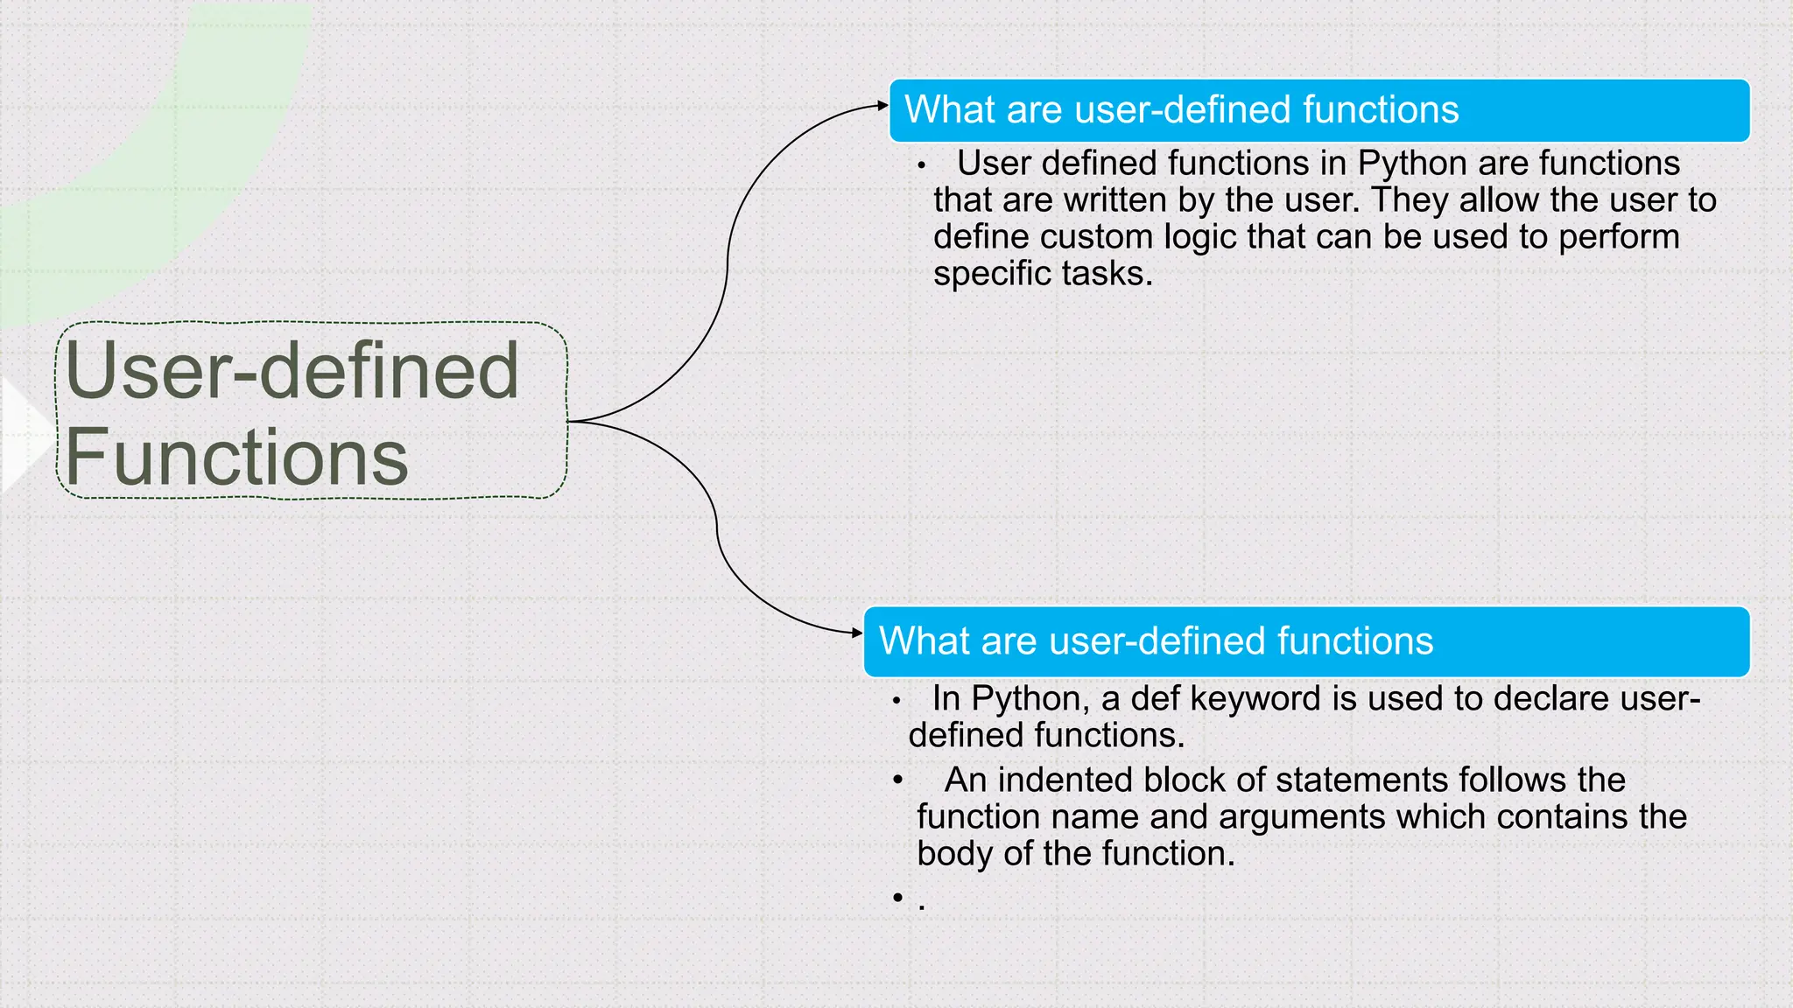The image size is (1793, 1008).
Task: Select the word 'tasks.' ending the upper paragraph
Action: (x=1107, y=274)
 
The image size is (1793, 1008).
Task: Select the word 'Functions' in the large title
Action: (x=236, y=457)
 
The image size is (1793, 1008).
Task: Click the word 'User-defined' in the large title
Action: (x=292, y=371)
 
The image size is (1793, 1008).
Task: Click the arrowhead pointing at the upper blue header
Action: (x=883, y=106)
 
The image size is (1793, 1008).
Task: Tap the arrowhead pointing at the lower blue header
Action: (x=858, y=633)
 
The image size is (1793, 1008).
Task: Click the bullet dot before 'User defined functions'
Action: (x=921, y=165)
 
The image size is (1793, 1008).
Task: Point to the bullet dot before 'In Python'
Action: (x=896, y=701)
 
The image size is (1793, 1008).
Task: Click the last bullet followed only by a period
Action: (x=897, y=897)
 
